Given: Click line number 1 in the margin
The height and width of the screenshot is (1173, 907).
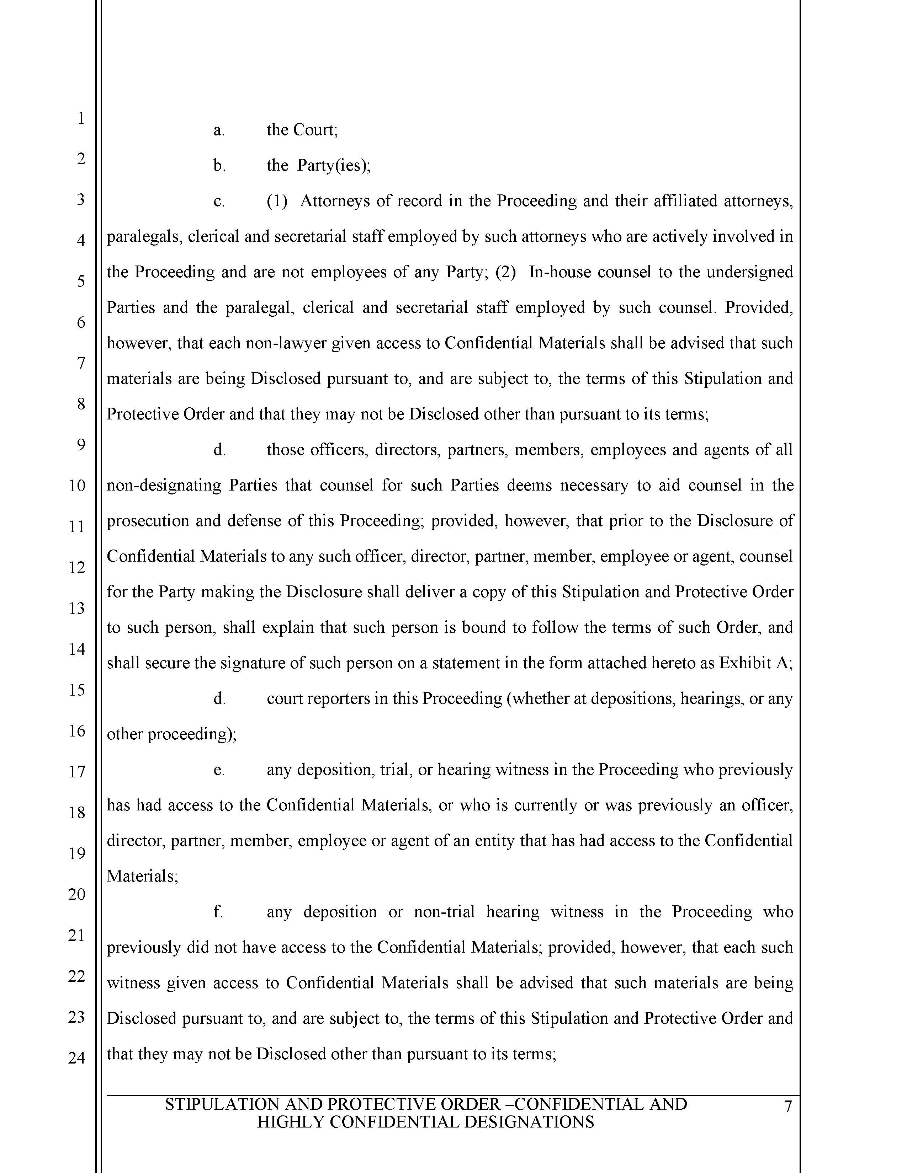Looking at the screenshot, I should (81, 118).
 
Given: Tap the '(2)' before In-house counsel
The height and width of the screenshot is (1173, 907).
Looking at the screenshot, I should (505, 272).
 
